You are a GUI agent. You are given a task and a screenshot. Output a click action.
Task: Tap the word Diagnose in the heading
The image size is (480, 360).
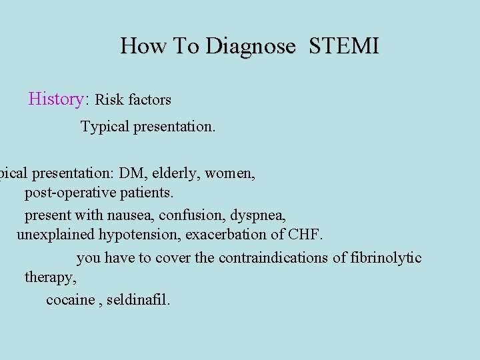250,47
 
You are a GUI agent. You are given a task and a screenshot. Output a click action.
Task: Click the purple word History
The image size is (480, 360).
55,99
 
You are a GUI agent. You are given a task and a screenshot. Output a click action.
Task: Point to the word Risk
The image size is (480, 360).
110,100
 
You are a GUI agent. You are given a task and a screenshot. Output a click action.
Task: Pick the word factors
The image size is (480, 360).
150,100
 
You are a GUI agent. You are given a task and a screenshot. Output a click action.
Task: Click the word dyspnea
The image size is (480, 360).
262,216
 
